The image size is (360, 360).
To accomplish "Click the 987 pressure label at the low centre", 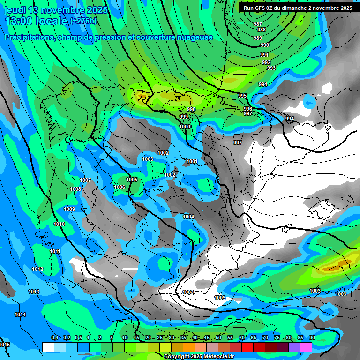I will tap(257, 24).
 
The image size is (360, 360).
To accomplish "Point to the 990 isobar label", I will tap(265, 45).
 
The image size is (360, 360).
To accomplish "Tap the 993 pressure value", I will tap(271, 68).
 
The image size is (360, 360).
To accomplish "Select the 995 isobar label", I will tap(242, 96).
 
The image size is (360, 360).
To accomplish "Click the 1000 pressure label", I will tap(185, 127).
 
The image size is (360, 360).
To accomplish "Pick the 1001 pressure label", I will tap(192, 161).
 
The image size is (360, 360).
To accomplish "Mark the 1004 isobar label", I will tap(188, 217).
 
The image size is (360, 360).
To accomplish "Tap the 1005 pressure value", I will tap(132, 180).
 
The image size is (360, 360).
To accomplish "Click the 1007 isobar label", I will tap(85, 180).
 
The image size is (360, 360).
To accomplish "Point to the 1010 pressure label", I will tap(59, 224).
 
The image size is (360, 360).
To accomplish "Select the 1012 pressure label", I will tap(37, 269).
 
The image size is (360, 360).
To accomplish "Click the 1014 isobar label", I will tap(20, 315).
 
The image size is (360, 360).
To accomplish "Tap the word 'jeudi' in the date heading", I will tap(15, 10).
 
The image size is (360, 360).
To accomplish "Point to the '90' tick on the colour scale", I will tap(312, 338).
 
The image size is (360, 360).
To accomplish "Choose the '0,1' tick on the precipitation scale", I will tap(54, 338).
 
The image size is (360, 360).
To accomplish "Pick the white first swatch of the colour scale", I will tap(48, 347).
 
